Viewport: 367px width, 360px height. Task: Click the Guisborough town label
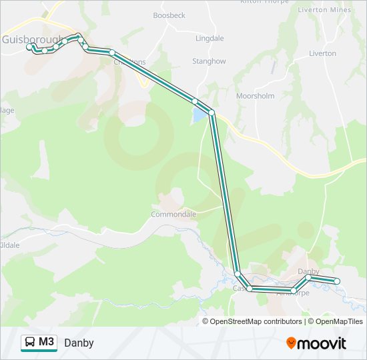coord(31,39)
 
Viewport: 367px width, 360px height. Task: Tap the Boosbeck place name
coord(169,15)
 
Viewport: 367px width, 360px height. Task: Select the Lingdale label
coord(210,39)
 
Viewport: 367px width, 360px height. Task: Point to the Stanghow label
coord(209,61)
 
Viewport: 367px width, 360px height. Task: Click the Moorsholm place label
coord(255,96)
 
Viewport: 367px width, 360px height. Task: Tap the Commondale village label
coord(173,215)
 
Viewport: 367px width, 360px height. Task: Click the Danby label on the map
coord(308,271)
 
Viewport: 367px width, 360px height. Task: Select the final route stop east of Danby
coord(337,282)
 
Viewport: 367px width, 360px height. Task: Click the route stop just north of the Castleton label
coord(238,273)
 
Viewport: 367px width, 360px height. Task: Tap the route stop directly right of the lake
coord(212,113)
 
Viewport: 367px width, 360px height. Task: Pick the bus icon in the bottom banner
coord(30,343)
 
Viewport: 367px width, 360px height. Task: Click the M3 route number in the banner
coord(47,343)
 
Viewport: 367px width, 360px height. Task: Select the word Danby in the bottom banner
coord(79,343)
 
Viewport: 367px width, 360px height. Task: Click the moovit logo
coord(316,343)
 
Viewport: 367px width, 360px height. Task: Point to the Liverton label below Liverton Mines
coord(322,53)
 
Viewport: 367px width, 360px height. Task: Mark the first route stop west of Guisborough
coord(29,47)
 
